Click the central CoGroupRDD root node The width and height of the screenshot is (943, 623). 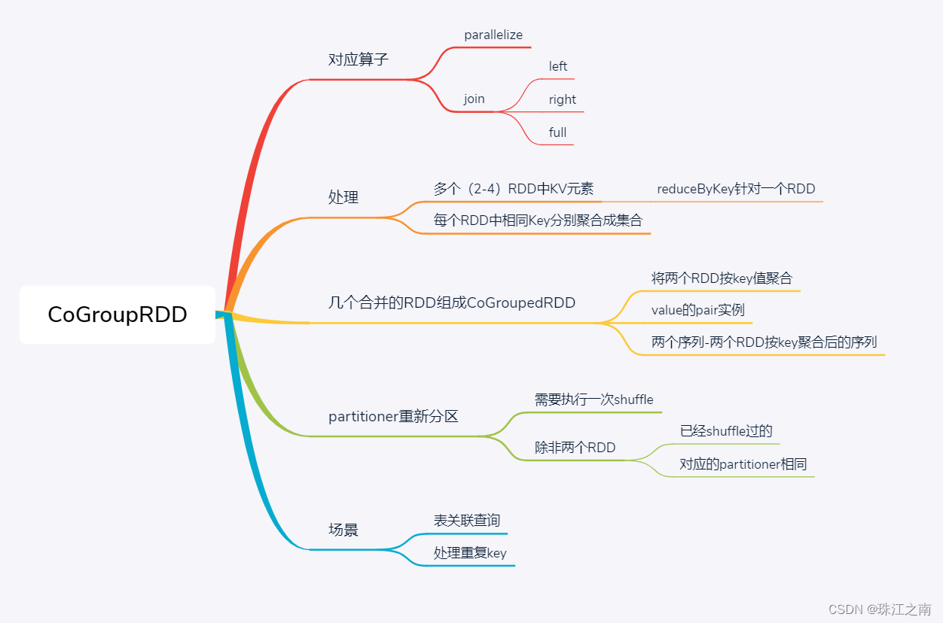tap(117, 315)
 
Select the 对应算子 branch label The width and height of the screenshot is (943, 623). tap(359, 59)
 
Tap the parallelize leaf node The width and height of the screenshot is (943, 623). tap(493, 35)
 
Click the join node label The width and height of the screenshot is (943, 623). tap(474, 99)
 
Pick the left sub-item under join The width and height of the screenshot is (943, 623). tap(558, 66)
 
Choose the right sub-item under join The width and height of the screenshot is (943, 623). tap(562, 99)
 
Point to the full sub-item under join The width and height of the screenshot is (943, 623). tap(557, 132)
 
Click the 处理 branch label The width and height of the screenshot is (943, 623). tap(343, 197)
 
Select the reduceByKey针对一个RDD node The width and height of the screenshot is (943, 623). tap(736, 189)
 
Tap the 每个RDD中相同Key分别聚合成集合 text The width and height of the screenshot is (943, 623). tap(538, 221)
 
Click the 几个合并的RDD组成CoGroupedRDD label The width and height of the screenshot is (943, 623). tap(452, 303)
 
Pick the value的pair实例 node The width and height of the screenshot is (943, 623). tap(697, 310)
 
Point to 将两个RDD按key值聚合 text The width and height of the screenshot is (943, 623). tap(722, 278)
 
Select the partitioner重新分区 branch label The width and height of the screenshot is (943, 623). tap(393, 416)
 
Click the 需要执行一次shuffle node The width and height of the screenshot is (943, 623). tap(594, 400)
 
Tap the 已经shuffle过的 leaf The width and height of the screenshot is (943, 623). tap(726, 431)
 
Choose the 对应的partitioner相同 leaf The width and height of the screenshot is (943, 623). tap(743, 464)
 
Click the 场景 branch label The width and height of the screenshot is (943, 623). tap(343, 530)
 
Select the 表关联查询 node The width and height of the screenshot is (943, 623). tap(466, 521)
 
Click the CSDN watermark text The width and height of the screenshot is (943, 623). tap(880, 609)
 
